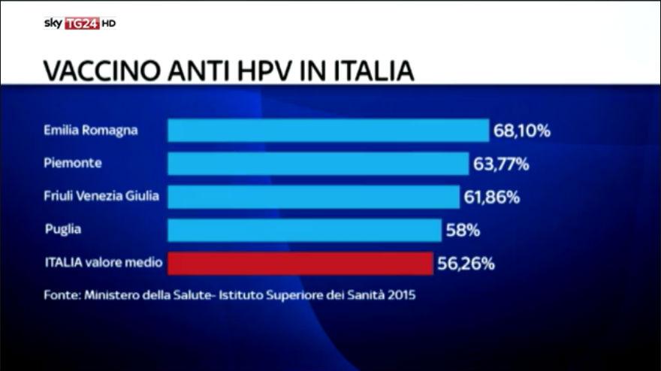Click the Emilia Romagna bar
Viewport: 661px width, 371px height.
point(327,130)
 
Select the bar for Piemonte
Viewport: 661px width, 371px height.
point(318,164)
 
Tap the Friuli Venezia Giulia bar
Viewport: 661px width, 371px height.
point(313,197)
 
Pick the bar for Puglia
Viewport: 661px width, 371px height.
point(304,230)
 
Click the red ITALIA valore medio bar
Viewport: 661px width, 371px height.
point(300,264)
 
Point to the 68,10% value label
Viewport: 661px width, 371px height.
point(522,131)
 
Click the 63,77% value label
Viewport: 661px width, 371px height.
point(501,164)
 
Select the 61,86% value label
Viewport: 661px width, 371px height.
point(492,198)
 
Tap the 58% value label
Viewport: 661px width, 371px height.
point(463,231)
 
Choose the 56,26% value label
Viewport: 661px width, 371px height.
point(466,264)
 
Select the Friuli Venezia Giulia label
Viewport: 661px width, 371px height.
point(101,196)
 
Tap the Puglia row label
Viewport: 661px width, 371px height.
point(62,230)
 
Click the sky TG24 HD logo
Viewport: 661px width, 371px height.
point(79,23)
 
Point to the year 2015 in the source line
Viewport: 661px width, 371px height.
point(400,295)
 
